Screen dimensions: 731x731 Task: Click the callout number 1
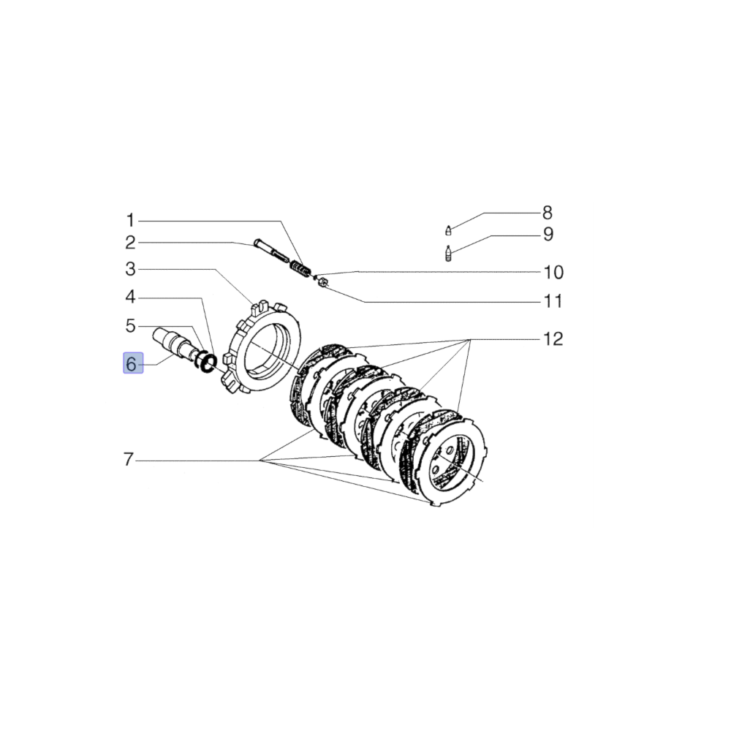(x=130, y=220)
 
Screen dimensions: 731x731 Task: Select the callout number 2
(x=130, y=243)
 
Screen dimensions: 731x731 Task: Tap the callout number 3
(x=130, y=270)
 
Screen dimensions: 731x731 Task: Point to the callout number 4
(x=130, y=298)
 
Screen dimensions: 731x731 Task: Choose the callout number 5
(x=130, y=325)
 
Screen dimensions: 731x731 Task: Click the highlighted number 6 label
(x=132, y=363)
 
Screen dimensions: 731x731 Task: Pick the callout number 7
(x=129, y=460)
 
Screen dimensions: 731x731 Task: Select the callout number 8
(x=547, y=213)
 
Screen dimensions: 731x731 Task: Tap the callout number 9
(x=547, y=235)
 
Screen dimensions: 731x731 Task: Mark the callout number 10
(x=553, y=273)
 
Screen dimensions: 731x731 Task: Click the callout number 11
(x=553, y=301)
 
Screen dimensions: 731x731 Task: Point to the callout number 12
(x=553, y=339)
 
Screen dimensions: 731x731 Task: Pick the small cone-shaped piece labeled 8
(x=448, y=231)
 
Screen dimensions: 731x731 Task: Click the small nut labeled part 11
(x=322, y=281)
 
